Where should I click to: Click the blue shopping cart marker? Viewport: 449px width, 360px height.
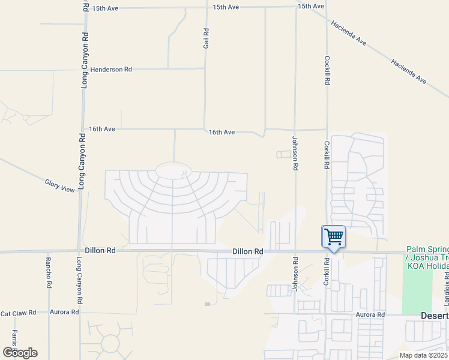[334, 236]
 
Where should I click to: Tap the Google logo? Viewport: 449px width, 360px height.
[20, 352]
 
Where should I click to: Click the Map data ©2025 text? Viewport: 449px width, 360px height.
[424, 355]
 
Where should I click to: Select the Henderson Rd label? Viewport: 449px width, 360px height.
[111, 70]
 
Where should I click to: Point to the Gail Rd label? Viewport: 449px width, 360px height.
[206, 38]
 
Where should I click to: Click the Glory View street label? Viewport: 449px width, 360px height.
[60, 185]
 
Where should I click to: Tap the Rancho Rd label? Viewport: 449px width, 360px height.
[48, 272]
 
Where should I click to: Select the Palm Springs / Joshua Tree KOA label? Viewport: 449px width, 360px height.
[427, 257]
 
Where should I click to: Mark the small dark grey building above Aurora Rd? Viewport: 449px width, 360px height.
[207, 304]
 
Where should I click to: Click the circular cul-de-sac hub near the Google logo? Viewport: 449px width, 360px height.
[110, 343]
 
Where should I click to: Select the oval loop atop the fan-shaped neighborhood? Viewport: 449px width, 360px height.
[174, 170]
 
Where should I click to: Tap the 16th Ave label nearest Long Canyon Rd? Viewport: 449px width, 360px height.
[101, 129]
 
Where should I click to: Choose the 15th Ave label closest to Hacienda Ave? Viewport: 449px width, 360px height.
[311, 6]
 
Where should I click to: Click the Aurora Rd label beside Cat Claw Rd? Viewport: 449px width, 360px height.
[64, 313]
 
